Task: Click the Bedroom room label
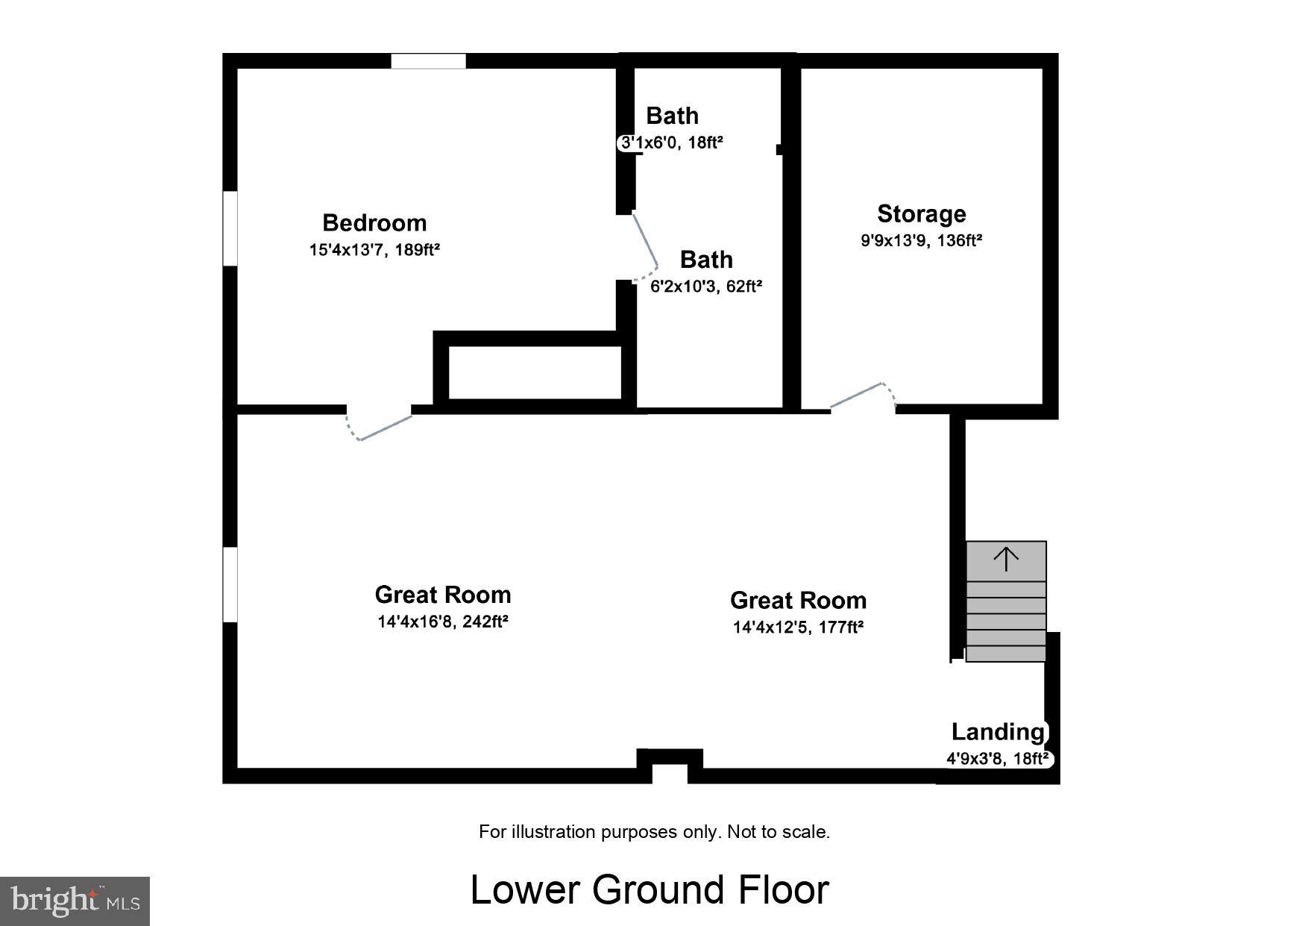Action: click(x=374, y=222)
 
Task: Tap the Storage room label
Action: click(x=921, y=214)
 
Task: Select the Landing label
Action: click(x=997, y=732)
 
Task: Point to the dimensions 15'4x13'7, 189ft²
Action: click(x=374, y=250)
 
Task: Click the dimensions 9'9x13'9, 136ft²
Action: click(x=921, y=241)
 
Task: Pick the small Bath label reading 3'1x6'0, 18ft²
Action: click(x=672, y=142)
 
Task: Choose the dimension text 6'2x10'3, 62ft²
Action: click(x=706, y=287)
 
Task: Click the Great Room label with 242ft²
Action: click(x=443, y=595)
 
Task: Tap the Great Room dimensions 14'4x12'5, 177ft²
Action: click(x=798, y=628)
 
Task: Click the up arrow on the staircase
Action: click(x=1006, y=558)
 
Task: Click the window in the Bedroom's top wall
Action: click(x=429, y=61)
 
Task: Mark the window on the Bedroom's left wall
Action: click(x=230, y=228)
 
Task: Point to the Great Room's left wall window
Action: click(x=230, y=584)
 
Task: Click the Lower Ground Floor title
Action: click(x=650, y=889)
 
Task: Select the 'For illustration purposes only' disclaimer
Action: click(x=654, y=832)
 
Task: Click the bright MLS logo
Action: click(x=75, y=901)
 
